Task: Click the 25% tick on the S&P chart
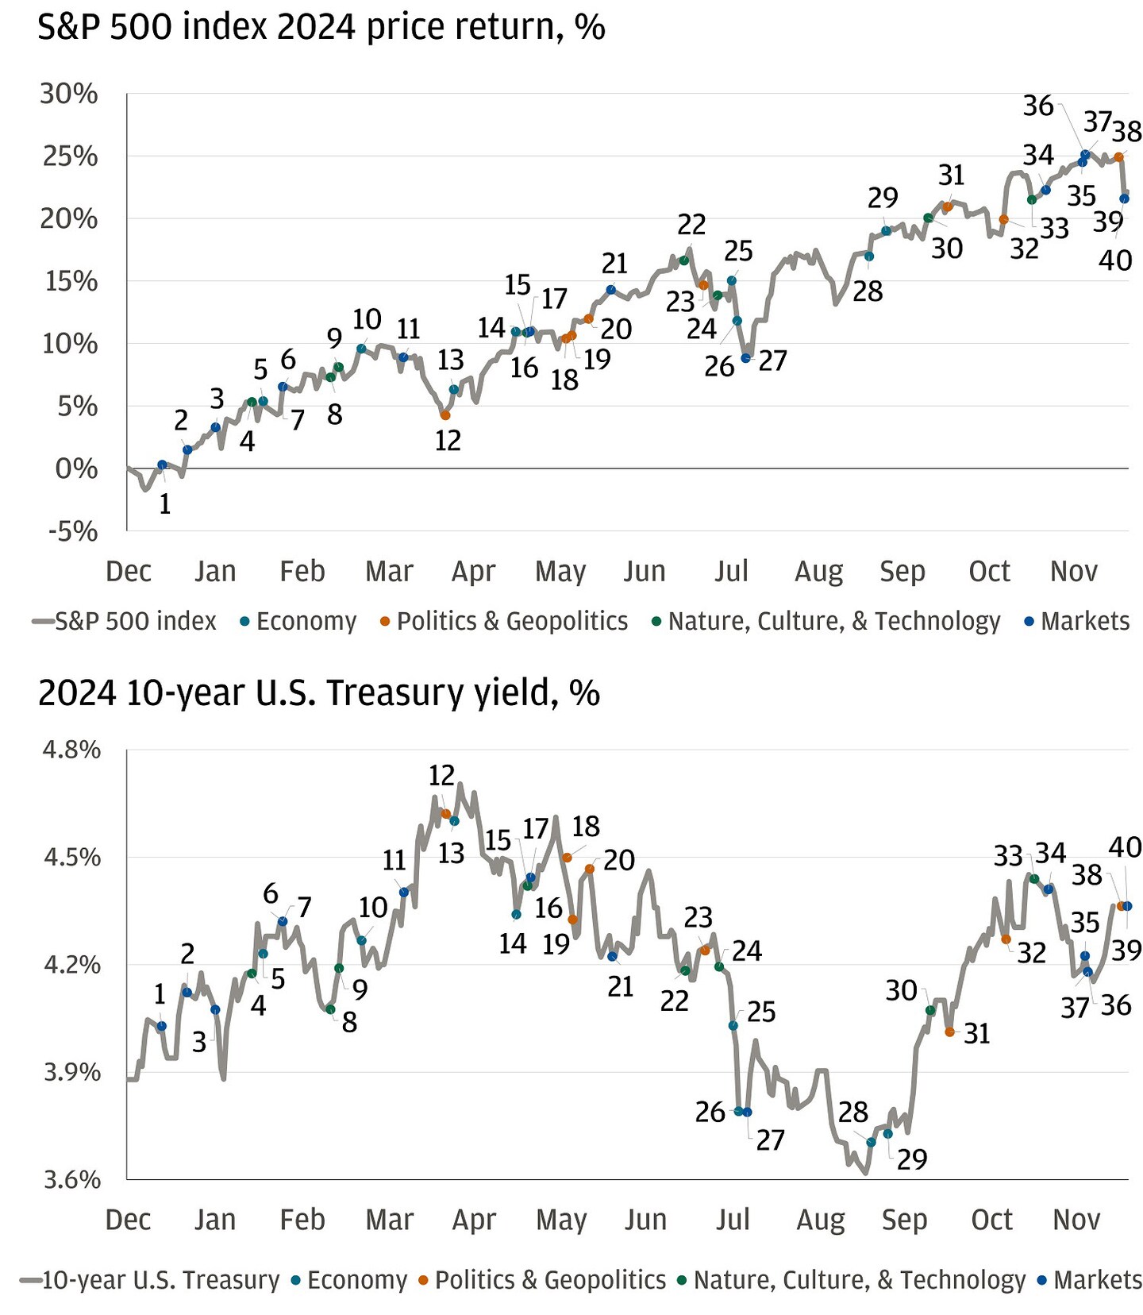70,156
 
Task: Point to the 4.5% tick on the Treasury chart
71,858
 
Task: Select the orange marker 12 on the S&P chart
445,415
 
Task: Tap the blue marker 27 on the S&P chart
745,358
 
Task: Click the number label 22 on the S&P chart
691,225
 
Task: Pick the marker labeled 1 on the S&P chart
162,465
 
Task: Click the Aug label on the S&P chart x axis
818,571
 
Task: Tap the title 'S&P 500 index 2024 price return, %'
321,28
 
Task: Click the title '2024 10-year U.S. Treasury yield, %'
318,692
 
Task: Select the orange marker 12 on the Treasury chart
446,814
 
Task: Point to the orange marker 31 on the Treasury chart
949,1032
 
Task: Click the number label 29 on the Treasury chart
912,1159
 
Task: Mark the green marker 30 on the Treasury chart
930,1010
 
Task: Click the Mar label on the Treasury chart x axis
390,1220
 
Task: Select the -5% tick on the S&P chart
73,531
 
